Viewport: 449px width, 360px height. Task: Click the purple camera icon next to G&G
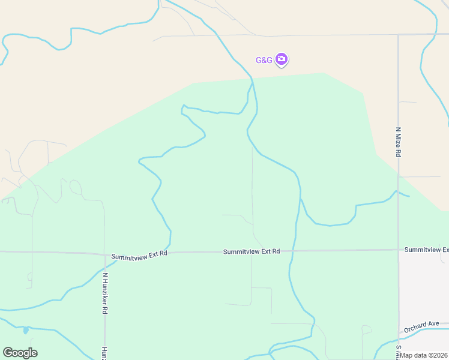pyautogui.click(x=282, y=59)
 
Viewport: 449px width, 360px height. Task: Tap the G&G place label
pyautogui.click(x=264, y=60)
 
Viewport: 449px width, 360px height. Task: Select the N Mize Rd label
pyautogui.click(x=397, y=142)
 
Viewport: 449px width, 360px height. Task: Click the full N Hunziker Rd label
pyautogui.click(x=104, y=293)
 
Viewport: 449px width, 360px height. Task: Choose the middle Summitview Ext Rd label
pyautogui.click(x=252, y=251)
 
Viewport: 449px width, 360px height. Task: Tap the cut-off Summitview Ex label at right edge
pyautogui.click(x=426, y=249)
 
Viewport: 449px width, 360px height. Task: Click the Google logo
pyautogui.click(x=20, y=352)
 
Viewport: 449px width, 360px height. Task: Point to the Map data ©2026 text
pyautogui.click(x=424, y=355)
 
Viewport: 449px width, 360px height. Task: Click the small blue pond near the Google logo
pyautogui.click(x=25, y=330)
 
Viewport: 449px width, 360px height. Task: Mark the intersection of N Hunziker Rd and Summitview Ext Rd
pyautogui.click(x=105, y=254)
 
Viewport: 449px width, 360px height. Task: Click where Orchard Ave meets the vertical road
pyautogui.click(x=399, y=332)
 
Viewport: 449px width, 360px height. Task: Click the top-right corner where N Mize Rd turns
pyautogui.click(x=399, y=35)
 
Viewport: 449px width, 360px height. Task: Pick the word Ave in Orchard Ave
pyautogui.click(x=433, y=323)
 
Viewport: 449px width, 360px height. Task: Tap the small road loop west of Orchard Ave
pyautogui.click(x=366, y=329)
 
